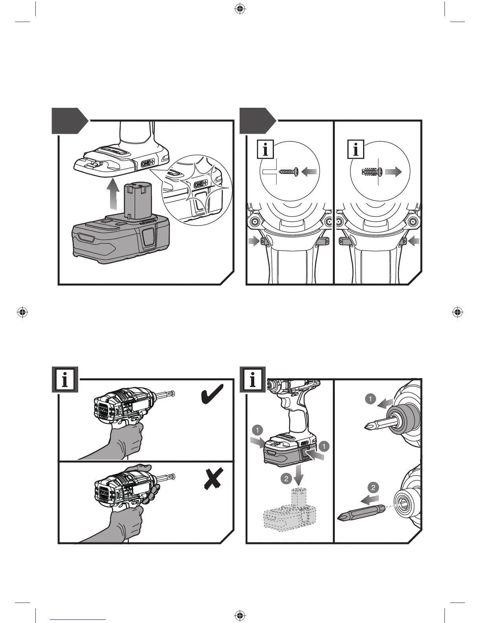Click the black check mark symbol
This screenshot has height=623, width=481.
tap(212, 394)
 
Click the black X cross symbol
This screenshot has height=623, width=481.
tap(213, 479)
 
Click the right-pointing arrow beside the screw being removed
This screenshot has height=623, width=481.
tap(393, 171)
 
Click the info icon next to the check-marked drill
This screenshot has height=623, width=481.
tap(65, 380)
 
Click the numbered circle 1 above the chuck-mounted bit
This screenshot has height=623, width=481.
tap(370, 399)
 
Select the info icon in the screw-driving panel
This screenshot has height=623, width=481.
tap(265, 150)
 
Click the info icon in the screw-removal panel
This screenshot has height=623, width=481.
tap(356, 150)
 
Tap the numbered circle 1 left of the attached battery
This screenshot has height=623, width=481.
tap(257, 430)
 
